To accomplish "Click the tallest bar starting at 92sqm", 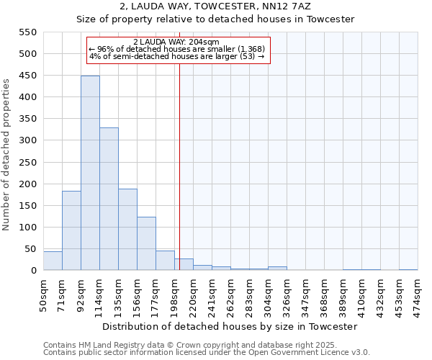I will pos(90,173).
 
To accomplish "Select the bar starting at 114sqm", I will pos(109,199).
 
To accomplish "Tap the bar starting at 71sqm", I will pos(71,230).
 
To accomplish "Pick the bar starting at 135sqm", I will pos(127,229).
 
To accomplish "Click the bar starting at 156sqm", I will pos(146,243).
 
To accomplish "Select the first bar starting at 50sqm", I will pos(53,261).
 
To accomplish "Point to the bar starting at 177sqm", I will pos(165,261).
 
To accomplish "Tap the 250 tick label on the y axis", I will pos(27,162).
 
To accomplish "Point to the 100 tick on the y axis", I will pos(27,228).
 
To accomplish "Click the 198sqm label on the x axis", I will pos(175,294).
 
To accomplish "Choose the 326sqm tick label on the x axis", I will pos(287,294).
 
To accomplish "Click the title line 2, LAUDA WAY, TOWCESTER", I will pos(216,6).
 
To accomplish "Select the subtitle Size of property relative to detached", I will pos(216,19).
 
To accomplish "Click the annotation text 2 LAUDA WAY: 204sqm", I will pos(176,42).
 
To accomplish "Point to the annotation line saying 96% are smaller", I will pos(176,49).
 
